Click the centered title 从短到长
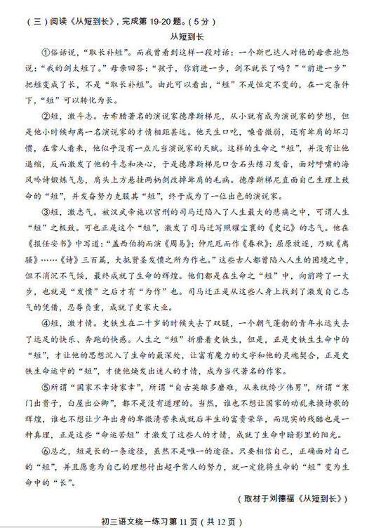pyautogui.click(x=187, y=36)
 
